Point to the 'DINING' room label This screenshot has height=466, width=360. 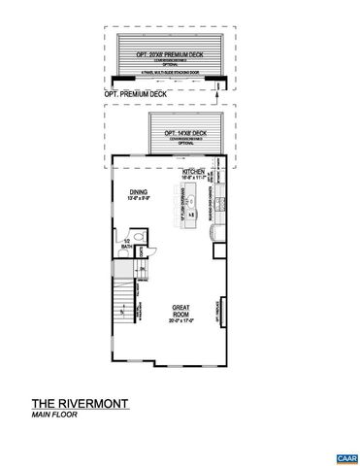point(137,191)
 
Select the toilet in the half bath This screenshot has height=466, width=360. point(139,237)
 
